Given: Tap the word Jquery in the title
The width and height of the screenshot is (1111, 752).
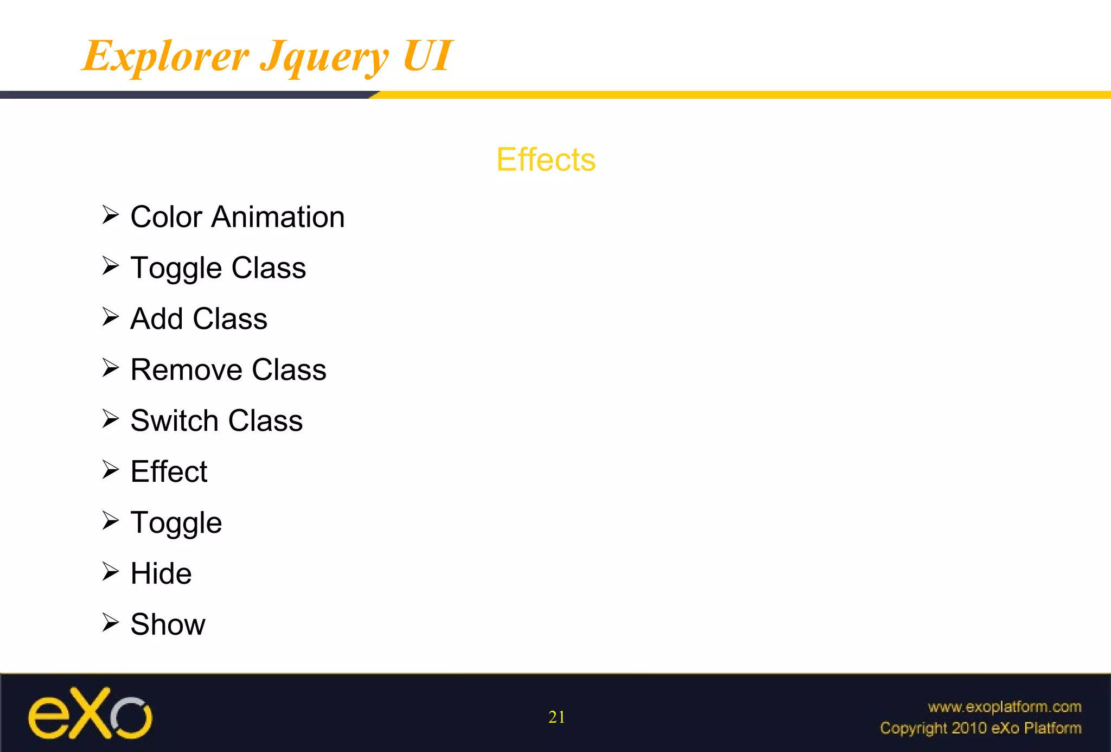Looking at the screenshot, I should pos(324,57).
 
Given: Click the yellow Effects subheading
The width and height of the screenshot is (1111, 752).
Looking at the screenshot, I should pos(546,160).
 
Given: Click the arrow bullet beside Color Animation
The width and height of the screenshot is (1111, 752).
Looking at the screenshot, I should pos(110,215).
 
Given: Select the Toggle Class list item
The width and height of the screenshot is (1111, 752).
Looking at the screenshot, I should pos(218,268).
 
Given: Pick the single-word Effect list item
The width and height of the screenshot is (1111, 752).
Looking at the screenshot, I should pos(169,471).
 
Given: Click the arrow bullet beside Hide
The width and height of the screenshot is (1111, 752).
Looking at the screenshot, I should pos(110,571).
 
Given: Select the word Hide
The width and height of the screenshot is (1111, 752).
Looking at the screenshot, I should pos(161,573).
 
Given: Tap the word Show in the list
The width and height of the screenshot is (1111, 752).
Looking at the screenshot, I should pos(168,624).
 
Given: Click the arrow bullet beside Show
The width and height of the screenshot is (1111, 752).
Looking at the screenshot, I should pos(110,622).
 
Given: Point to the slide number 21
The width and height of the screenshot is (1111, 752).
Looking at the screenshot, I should pos(557,717).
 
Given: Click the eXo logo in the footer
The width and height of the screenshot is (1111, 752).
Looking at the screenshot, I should pos(90,713).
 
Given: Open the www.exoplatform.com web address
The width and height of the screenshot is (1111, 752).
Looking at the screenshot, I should pos(1004,706).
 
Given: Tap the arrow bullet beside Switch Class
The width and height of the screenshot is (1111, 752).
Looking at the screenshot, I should pos(110,419).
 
